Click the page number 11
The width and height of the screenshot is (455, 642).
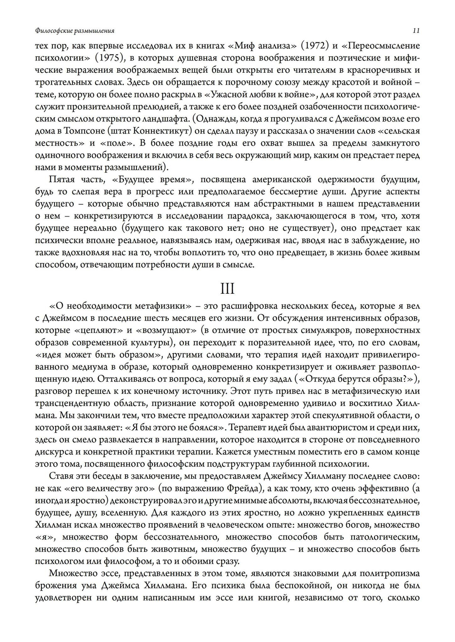[416, 31]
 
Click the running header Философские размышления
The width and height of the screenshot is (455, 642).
[75, 31]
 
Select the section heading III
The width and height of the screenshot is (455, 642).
[227, 289]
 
